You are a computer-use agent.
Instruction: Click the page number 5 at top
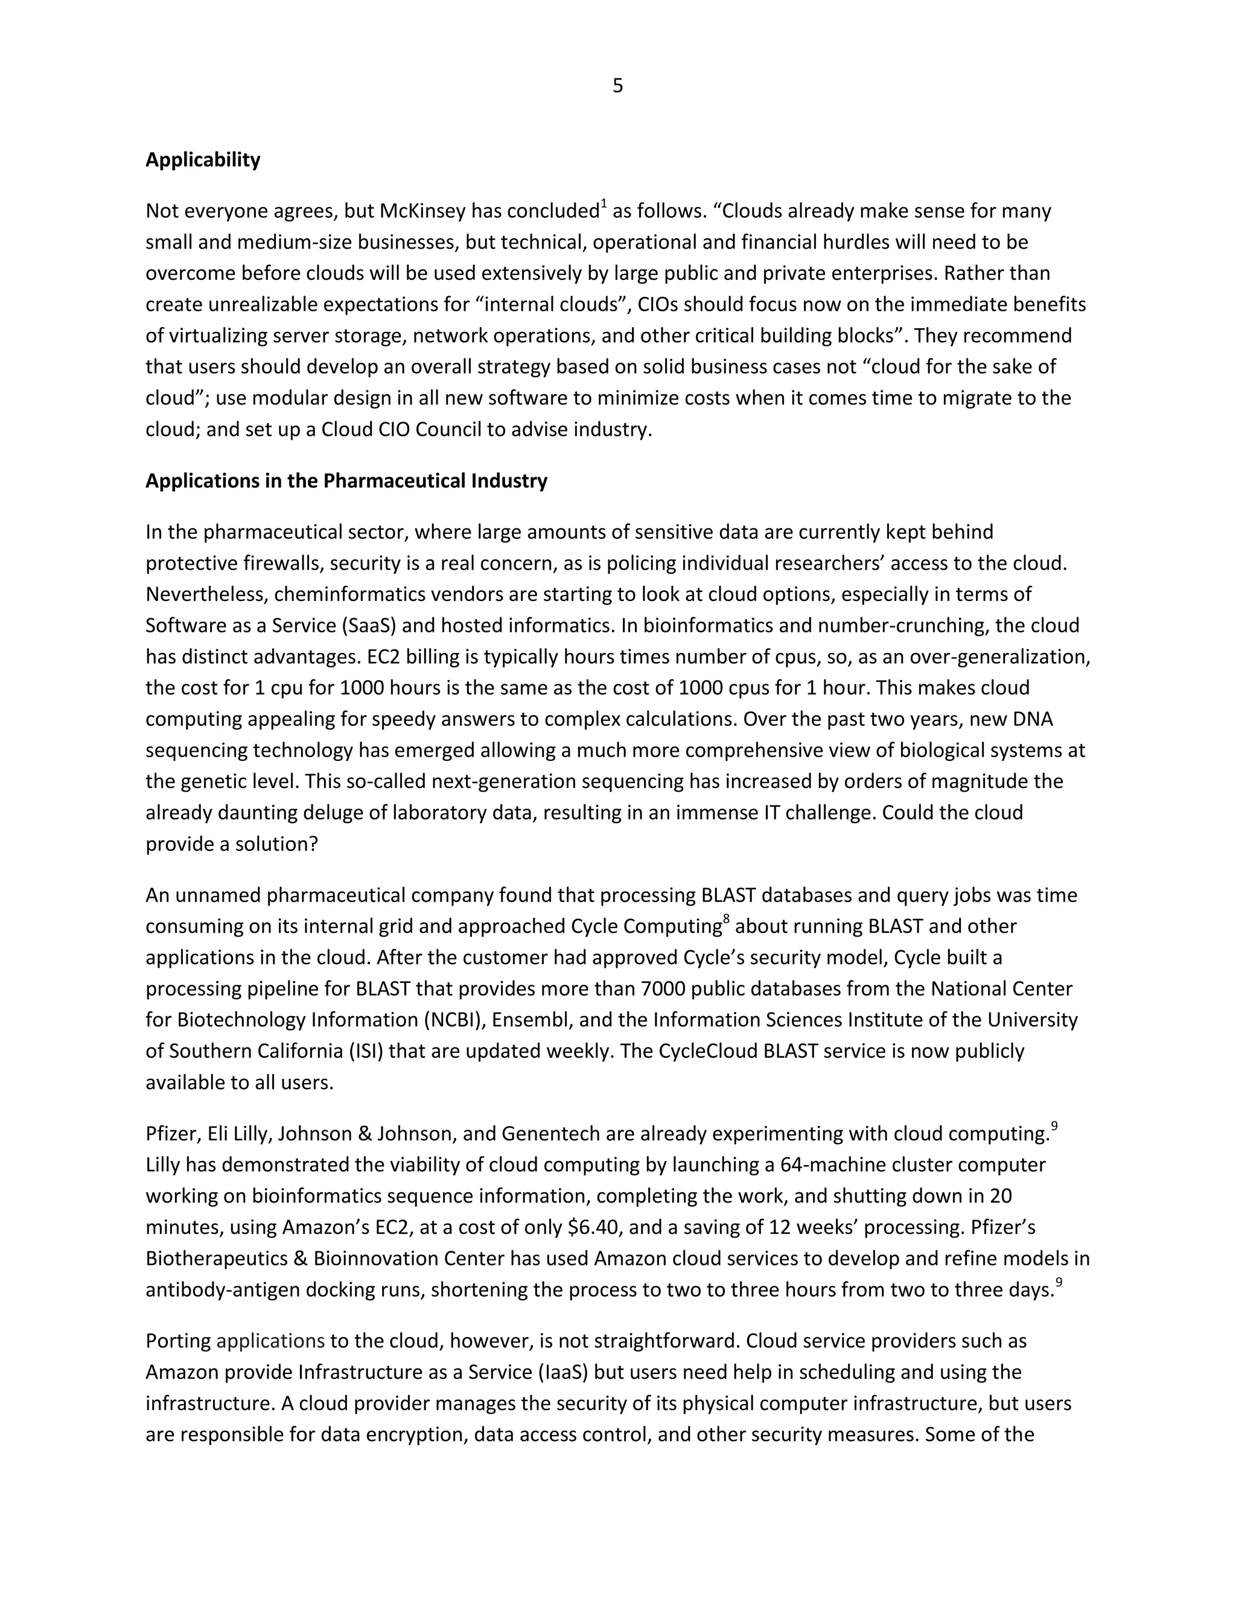(617, 86)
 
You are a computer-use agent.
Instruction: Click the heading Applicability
(203, 160)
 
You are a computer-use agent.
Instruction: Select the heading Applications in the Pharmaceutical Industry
(346, 481)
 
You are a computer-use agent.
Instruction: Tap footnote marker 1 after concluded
(604, 205)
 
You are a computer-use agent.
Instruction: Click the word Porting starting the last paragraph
(178, 1341)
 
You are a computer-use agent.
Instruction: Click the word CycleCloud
(708, 1051)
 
